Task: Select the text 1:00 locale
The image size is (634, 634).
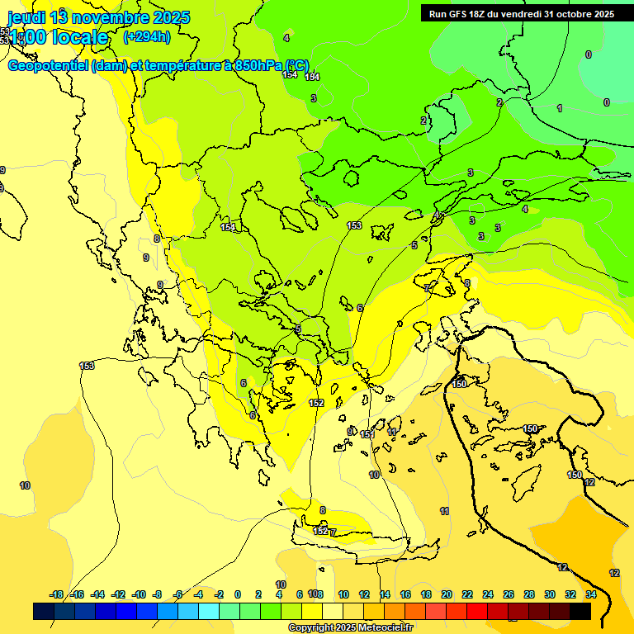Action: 59,37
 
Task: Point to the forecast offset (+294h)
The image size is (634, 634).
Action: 147,36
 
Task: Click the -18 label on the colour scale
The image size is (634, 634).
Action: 56,594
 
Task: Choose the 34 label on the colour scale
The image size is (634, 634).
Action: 591,594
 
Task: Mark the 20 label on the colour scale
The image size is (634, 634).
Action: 447,594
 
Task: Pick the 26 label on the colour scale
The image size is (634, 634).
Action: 509,594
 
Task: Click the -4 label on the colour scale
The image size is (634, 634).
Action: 199,594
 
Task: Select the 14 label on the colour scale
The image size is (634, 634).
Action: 385,594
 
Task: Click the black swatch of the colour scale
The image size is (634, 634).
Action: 580,611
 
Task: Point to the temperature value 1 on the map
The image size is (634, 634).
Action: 560,108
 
